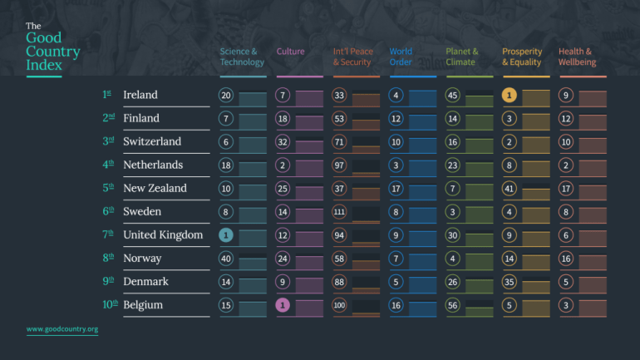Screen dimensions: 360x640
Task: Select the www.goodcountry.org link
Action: pos(62,329)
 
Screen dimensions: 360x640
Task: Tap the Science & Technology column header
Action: pos(242,57)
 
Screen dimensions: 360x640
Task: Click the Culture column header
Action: pos(290,52)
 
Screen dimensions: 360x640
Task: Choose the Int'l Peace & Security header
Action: pos(353,57)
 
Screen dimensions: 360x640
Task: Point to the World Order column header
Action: pos(401,57)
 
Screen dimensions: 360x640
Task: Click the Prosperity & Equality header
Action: pos(522,57)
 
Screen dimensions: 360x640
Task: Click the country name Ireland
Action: pos(140,95)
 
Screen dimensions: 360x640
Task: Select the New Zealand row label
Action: pos(155,188)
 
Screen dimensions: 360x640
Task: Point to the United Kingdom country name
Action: pos(163,234)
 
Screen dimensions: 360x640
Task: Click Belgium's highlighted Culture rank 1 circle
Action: pos(283,305)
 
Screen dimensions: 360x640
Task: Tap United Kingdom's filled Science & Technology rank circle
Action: pos(226,235)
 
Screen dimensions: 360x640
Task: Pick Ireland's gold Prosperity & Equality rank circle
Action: pos(510,96)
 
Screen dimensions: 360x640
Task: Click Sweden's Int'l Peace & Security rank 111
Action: pos(339,212)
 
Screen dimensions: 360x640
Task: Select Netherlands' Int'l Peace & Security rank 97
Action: pos(339,165)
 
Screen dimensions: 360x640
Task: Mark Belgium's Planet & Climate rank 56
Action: pos(453,305)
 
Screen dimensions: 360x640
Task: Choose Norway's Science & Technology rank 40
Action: pos(226,259)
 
